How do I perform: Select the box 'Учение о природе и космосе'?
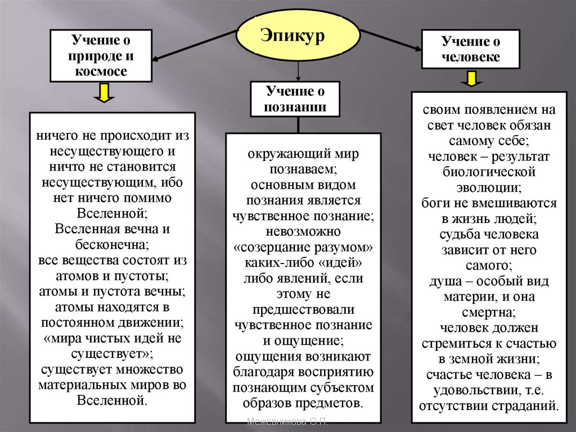tap(101, 56)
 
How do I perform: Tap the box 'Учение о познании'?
tap(296, 99)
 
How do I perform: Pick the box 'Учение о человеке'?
tap(471, 50)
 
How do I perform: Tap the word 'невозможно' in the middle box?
tap(303, 231)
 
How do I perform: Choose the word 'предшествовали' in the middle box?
tap(303, 309)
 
